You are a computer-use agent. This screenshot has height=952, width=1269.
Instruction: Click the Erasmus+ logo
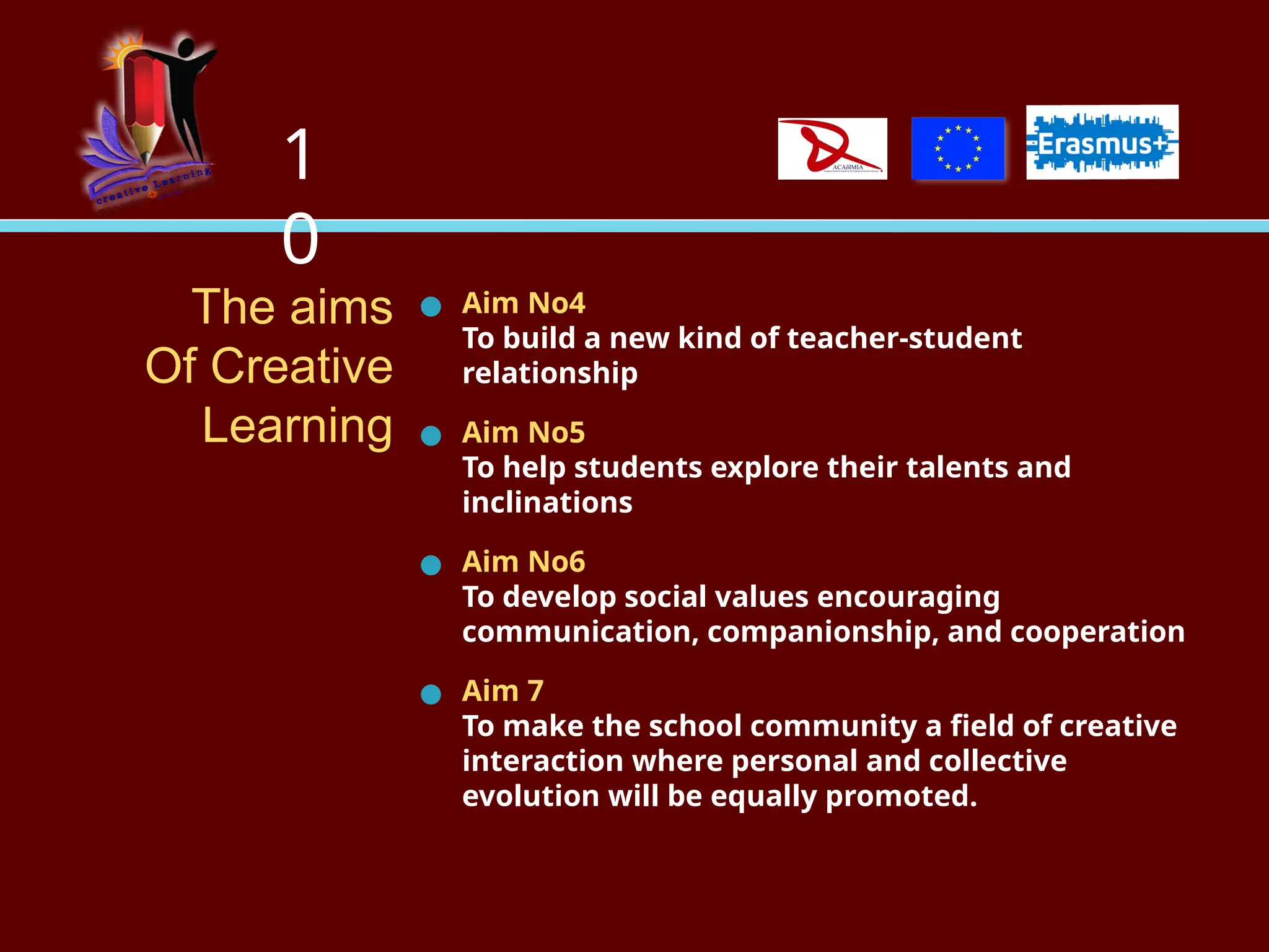tap(1102, 143)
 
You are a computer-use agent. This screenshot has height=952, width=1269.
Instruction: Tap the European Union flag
tap(958, 149)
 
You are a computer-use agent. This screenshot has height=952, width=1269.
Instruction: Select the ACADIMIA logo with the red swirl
tap(832, 149)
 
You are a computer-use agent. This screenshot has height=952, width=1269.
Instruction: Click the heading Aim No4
tap(524, 304)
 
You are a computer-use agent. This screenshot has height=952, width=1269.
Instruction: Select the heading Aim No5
tap(524, 433)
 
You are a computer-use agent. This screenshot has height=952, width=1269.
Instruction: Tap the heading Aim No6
tap(524, 562)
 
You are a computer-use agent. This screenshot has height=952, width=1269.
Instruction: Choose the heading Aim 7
tap(503, 691)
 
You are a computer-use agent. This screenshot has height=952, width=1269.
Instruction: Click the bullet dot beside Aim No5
tap(431, 436)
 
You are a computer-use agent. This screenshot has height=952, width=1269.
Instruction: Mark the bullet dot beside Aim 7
tap(431, 694)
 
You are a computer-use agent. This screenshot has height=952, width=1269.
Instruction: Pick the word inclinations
tap(547, 503)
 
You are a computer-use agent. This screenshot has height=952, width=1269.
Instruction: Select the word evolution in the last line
tap(530, 796)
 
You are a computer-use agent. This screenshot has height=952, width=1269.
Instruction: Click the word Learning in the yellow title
tap(297, 426)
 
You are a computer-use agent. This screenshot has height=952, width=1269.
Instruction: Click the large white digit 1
tap(299, 155)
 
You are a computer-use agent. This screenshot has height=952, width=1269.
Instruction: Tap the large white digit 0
tap(300, 239)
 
